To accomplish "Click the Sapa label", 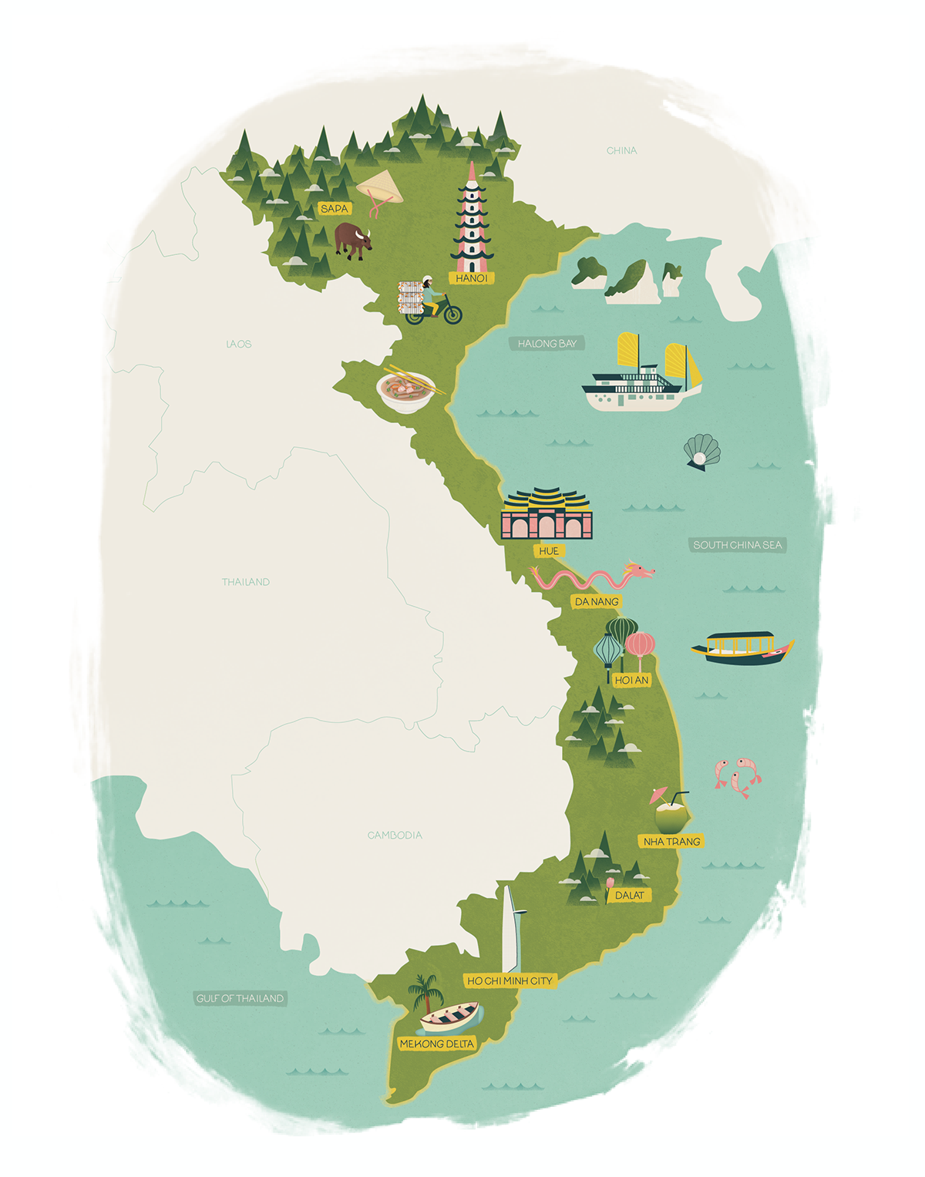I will pos(335,209).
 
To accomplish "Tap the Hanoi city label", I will pos(471,278).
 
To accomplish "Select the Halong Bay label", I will pos(547,344).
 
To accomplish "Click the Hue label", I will pos(549,551).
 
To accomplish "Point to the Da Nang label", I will pos(597,601).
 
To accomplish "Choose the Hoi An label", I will pos(631,680).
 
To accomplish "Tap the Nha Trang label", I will pos(671,842).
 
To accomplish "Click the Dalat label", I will pos(629,895).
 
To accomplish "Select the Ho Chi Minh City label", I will pos(510,981).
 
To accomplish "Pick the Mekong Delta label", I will pos(437,1044).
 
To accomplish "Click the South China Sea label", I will pos(737,545).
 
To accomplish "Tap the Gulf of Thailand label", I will pos(240,998).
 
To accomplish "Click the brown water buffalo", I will pos(352,240).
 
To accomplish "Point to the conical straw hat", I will pos(379,187).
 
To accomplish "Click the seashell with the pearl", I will pos(701,451).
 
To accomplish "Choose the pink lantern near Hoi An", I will pos(640,644).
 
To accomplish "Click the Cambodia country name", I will pos(395,835).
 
